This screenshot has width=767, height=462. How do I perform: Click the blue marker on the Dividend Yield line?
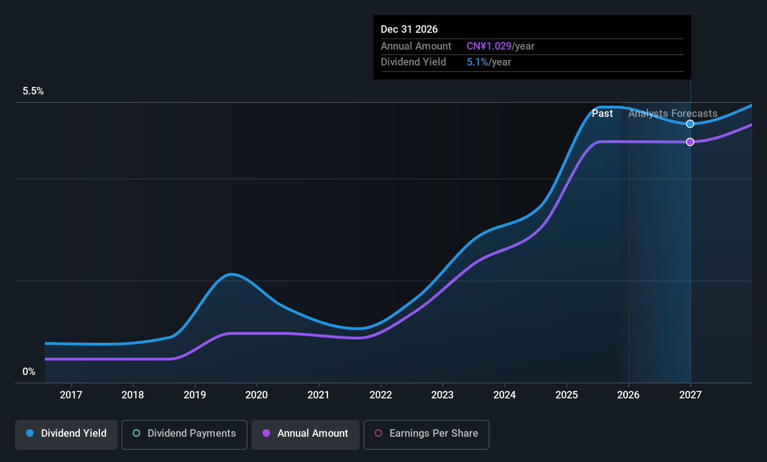pos(690,124)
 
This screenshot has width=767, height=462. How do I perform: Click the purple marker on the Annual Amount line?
pos(690,142)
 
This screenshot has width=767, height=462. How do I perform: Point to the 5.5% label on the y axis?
pos(33,91)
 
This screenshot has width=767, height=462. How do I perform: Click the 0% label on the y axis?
pos(29,372)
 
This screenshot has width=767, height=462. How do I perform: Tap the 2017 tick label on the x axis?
pos(71,395)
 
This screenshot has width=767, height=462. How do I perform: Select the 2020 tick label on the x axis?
pos(256,395)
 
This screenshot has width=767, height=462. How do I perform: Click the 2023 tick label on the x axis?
pos(442,395)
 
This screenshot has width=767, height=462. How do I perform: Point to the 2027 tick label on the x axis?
pos(690,395)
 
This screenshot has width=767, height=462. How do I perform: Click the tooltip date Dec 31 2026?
pos(409,29)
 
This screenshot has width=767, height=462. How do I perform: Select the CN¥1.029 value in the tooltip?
pos(489,46)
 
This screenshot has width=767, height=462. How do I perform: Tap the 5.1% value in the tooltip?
pos(477,62)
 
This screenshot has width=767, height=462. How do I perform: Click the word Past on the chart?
pos(602,114)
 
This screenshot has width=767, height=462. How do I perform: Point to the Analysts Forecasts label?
pos(673,114)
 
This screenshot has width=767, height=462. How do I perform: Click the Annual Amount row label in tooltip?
pos(416,46)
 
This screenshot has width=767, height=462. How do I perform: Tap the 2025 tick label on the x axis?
pos(567,395)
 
